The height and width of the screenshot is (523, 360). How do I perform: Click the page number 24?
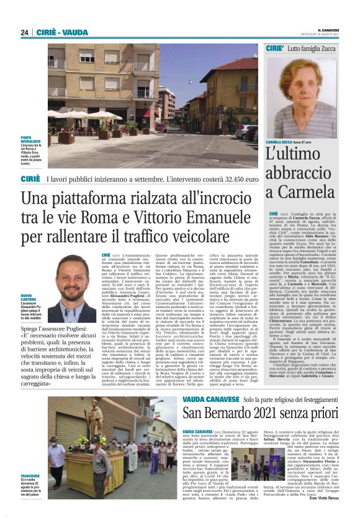tap(24, 32)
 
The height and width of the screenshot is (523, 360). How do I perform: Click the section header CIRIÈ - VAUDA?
tap(61, 32)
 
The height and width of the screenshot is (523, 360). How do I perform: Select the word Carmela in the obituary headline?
tap(297, 190)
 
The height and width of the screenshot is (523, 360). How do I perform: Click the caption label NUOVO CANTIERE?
tap(29, 299)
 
